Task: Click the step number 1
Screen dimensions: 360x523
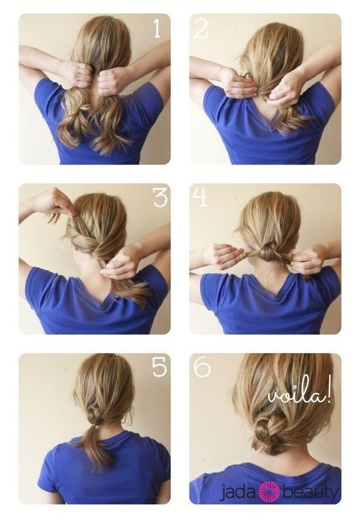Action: click(x=157, y=28)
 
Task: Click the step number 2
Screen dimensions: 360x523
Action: click(x=202, y=28)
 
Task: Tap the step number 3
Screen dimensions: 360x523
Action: click(x=160, y=197)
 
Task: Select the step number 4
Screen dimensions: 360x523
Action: click(x=199, y=197)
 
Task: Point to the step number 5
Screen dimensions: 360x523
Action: click(x=160, y=367)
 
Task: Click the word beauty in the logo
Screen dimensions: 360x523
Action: click(x=311, y=493)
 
